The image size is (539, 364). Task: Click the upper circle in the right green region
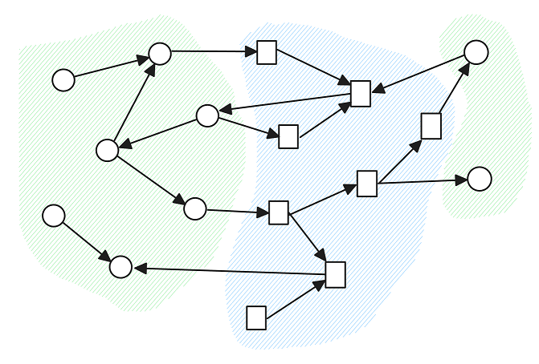point(476,52)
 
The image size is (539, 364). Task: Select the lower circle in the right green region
point(480,179)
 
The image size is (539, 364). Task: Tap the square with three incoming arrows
point(361,94)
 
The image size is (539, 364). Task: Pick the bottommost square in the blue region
point(256,317)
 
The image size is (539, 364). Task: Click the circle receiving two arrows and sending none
point(120,267)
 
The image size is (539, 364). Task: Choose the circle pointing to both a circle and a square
point(207,115)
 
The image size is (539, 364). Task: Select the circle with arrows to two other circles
point(107,150)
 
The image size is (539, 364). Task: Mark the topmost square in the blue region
point(267,52)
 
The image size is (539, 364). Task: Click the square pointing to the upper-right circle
point(431,126)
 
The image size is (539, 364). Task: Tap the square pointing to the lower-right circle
point(367,184)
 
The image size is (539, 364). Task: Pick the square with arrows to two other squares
point(279,212)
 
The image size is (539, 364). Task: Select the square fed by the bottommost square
point(336,274)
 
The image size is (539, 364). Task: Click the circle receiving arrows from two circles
point(160,54)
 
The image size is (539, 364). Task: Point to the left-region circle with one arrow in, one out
point(195,208)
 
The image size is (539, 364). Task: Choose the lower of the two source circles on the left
point(54,216)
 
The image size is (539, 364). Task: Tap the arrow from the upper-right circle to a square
point(419,74)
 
